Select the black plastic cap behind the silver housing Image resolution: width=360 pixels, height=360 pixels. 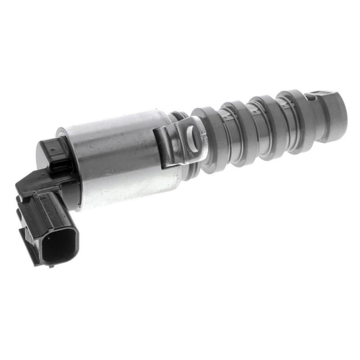(x=54, y=153)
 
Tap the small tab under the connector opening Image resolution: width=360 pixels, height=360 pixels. (x=51, y=266)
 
